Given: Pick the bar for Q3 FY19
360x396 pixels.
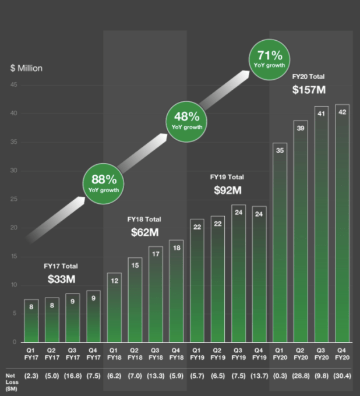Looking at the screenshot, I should pyautogui.click(x=238, y=273).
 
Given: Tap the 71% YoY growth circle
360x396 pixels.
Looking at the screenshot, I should pyautogui.click(x=270, y=59).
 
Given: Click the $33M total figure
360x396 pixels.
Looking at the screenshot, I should pyautogui.click(x=62, y=279).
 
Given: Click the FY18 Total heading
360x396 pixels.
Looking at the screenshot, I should pyautogui.click(x=144, y=219).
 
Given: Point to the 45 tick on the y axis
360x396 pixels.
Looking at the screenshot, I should pyautogui.click(x=13, y=85).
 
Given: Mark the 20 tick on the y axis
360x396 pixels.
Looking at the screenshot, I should pyautogui.click(x=13, y=228).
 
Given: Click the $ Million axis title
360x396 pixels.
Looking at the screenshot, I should pyautogui.click(x=26, y=68).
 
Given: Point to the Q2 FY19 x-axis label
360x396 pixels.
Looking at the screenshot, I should pyautogui.click(x=217, y=354).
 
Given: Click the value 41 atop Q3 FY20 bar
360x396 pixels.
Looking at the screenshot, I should pyautogui.click(x=322, y=115).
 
